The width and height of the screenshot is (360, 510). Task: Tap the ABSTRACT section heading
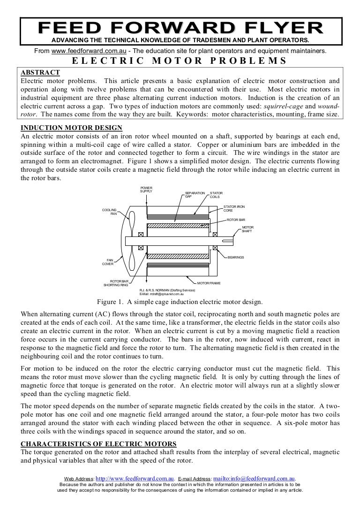[x=40, y=72]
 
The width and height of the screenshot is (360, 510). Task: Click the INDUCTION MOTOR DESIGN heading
[x=72, y=128]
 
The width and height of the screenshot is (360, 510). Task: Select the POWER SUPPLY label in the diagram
[x=146, y=190]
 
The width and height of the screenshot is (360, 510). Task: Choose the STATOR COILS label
[x=216, y=195]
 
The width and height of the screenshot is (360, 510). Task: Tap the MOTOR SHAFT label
[x=247, y=229]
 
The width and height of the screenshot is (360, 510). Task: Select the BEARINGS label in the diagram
[x=236, y=258]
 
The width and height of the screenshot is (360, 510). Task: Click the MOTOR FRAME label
[x=209, y=283]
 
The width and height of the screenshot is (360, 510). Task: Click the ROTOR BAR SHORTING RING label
[x=115, y=283]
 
